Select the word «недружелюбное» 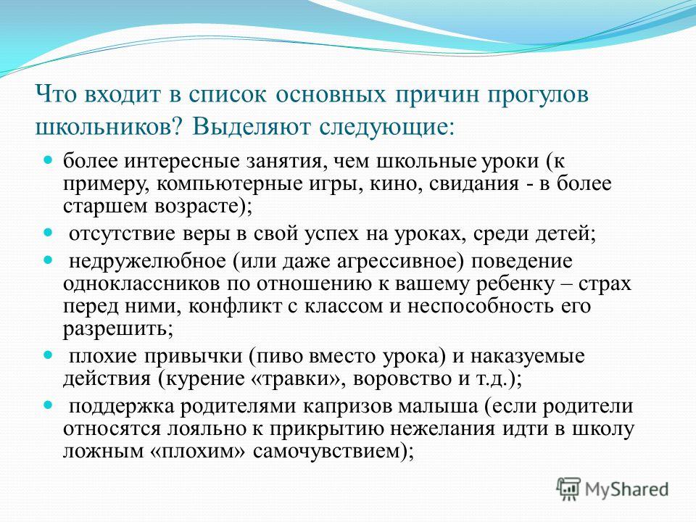coord(148,261)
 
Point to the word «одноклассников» coord(141,284)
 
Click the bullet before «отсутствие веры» coord(48,232)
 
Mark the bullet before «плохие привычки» coord(48,355)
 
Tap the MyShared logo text coord(626,490)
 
